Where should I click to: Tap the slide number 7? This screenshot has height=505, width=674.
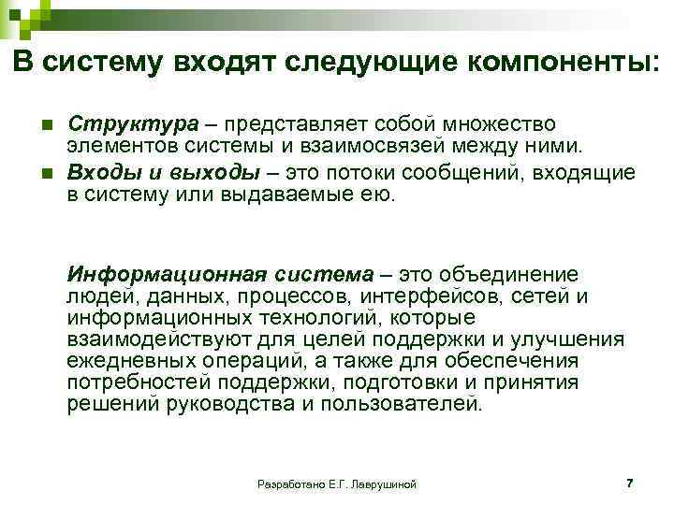pos(629,483)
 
